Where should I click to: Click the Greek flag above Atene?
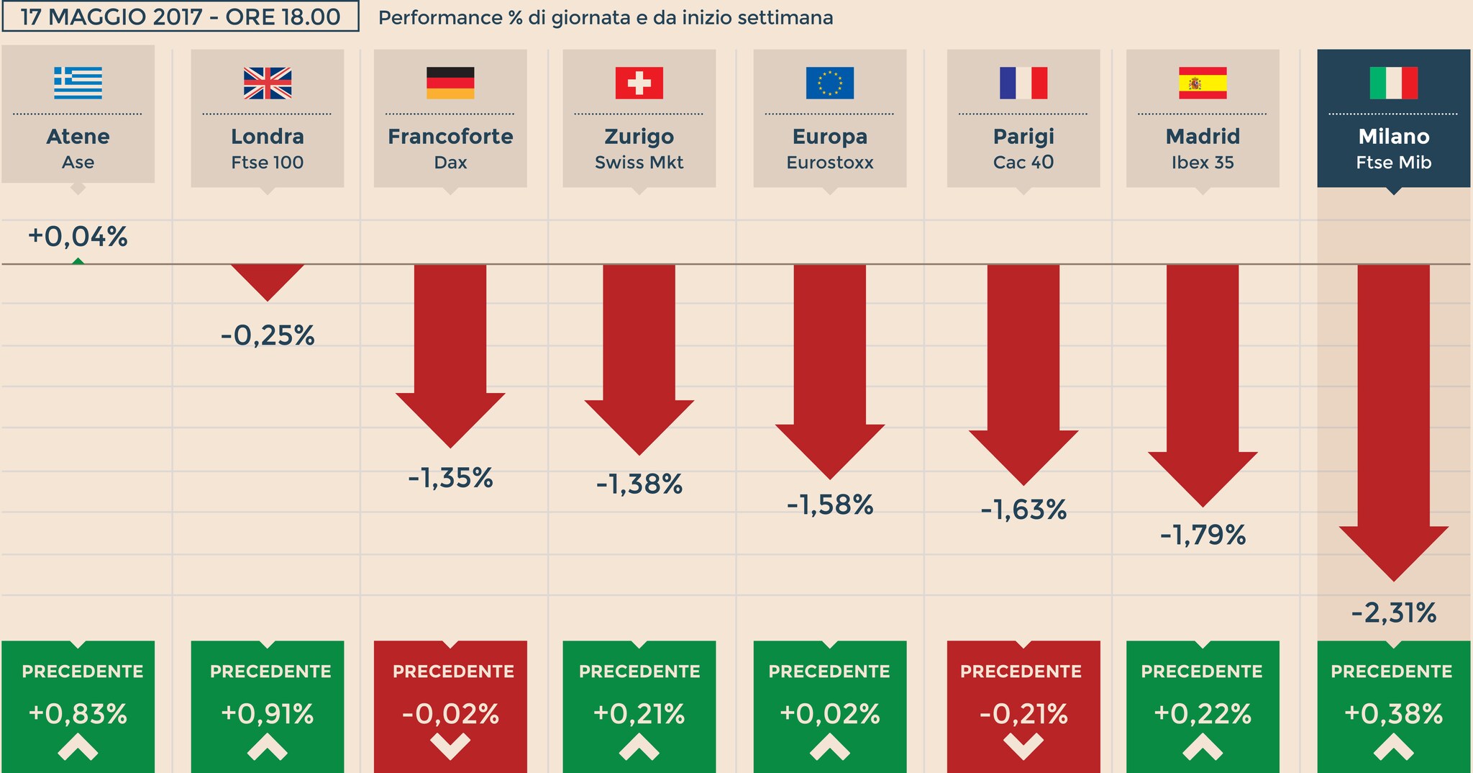tap(78, 83)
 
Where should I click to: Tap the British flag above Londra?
tap(268, 83)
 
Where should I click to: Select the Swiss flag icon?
tap(639, 83)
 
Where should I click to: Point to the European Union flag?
tap(830, 83)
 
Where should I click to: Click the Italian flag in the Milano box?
tap(1393, 83)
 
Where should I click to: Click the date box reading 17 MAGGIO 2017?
tap(181, 17)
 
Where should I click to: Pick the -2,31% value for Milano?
tap(1393, 613)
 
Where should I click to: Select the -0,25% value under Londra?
tap(268, 336)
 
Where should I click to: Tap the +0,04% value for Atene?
tap(78, 237)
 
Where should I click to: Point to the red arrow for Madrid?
tap(1203, 381)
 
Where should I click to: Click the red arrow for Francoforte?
tap(450, 353)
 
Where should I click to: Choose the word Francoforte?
tap(450, 136)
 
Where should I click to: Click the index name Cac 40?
tap(1023, 163)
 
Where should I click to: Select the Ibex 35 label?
tap(1203, 163)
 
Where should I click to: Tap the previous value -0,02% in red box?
tap(450, 714)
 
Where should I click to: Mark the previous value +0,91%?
tap(268, 714)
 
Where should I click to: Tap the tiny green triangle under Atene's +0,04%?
tap(78, 261)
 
